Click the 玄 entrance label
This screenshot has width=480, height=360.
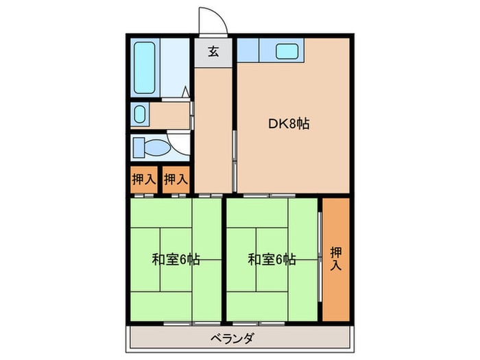[x=213, y=51]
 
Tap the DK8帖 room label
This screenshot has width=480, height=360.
[x=289, y=124]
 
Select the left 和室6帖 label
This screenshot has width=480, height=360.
[x=176, y=260]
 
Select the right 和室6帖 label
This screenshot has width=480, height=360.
[x=272, y=260]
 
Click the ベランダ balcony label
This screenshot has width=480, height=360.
[x=232, y=339]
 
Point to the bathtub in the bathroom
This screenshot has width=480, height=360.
[x=144, y=68]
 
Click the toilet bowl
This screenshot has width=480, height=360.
[x=157, y=148]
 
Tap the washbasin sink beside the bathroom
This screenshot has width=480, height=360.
[x=140, y=115]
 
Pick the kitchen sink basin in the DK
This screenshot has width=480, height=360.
[x=287, y=51]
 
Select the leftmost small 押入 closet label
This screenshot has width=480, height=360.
[x=144, y=179]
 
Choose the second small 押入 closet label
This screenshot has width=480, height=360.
[x=176, y=179]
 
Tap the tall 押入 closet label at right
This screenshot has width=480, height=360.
[x=336, y=259]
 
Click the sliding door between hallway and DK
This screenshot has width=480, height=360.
[x=235, y=161]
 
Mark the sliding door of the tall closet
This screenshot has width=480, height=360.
[x=320, y=256]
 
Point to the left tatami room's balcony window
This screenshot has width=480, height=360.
[x=192, y=323]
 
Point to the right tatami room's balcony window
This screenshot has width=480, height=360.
[x=259, y=323]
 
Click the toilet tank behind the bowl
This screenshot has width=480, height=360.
[x=139, y=147]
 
